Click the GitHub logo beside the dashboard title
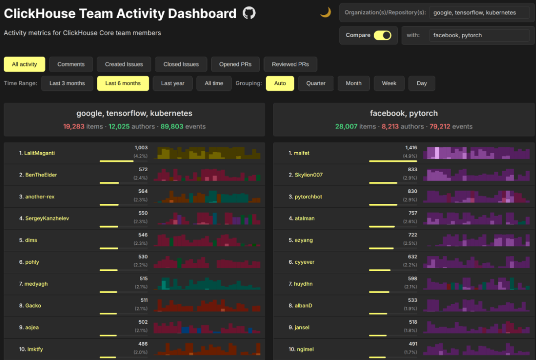point(249,13)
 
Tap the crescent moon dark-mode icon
point(326,12)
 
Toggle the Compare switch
point(382,35)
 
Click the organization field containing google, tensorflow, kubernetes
point(479,12)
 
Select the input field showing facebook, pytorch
point(479,35)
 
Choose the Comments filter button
point(71,64)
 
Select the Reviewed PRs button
point(290,64)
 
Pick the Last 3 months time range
point(67,83)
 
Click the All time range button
point(214,83)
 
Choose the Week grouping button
point(389,83)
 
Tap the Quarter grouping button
point(316,83)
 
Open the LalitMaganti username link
point(39,153)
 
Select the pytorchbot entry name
point(308,197)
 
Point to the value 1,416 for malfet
point(411,148)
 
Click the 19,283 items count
point(74,126)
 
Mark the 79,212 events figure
point(440,126)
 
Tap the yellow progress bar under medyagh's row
point(108,292)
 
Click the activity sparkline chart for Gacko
point(207,305)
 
